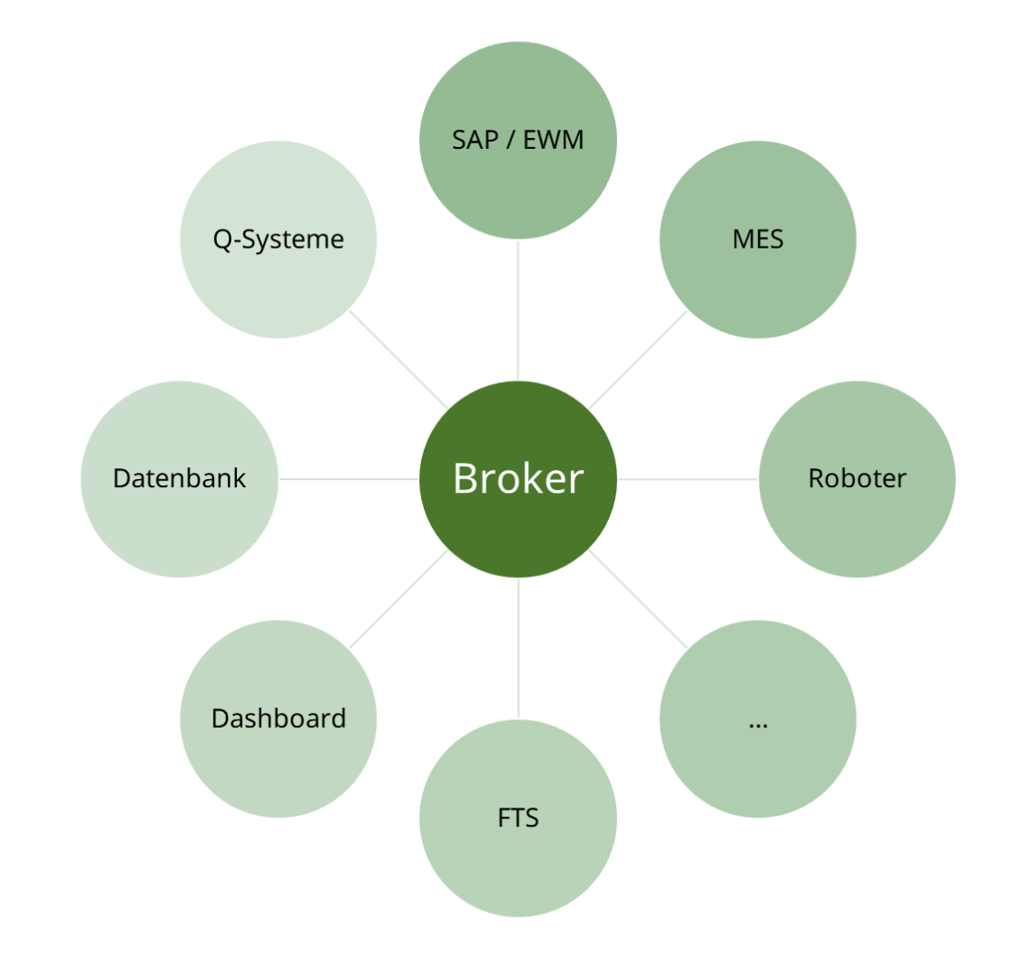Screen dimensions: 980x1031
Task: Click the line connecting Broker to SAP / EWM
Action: coord(518,310)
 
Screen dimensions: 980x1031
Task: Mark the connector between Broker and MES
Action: coord(638,359)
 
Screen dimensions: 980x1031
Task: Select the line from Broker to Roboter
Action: coord(687,479)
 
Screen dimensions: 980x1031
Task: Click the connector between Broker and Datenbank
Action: coord(349,479)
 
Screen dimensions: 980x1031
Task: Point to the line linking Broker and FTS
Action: coord(518,648)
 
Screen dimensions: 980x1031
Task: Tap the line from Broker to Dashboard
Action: coord(398,599)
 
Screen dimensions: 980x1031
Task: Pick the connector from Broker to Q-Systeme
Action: coord(398,359)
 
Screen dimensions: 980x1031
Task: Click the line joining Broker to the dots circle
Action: coord(638,599)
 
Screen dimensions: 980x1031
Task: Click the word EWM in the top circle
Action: coord(554,140)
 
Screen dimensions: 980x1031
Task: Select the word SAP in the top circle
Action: coord(476,140)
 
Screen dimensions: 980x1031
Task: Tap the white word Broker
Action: coord(518,478)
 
